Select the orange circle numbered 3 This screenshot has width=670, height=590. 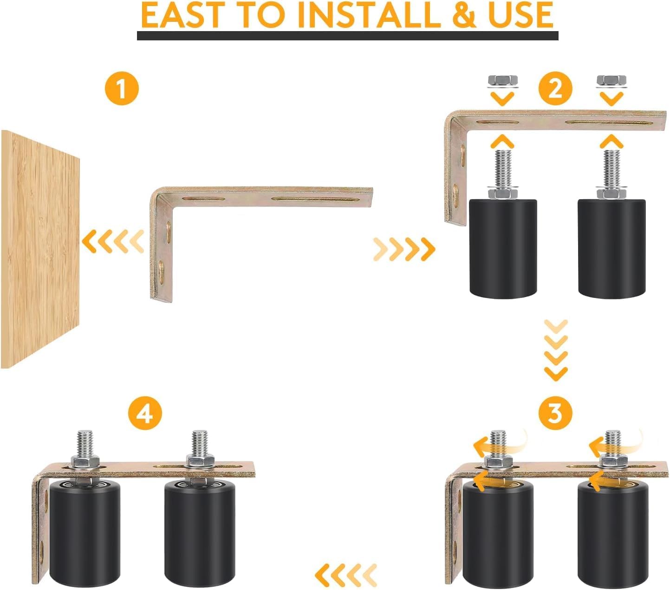pyautogui.click(x=555, y=412)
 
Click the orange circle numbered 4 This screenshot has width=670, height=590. pyautogui.click(x=144, y=412)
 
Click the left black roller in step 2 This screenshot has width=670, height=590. pyautogui.click(x=503, y=248)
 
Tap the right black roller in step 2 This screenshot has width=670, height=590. pyautogui.click(x=611, y=248)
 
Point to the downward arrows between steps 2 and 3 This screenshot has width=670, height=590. pyautogui.click(x=556, y=350)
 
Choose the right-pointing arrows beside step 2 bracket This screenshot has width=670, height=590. pyautogui.click(x=404, y=249)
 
